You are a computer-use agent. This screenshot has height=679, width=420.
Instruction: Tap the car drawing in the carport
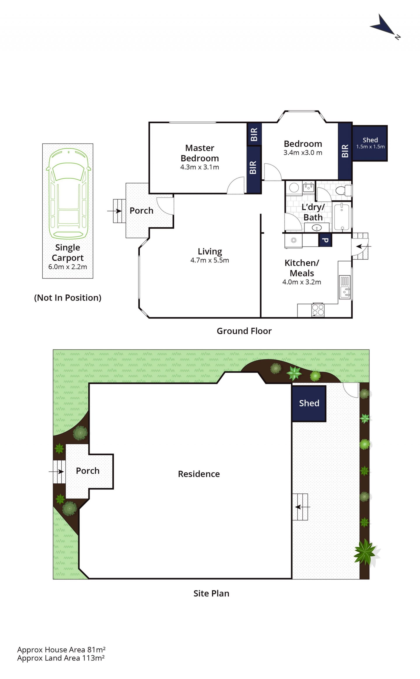[68, 194]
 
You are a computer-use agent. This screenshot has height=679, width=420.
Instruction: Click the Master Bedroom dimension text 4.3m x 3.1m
[199, 167]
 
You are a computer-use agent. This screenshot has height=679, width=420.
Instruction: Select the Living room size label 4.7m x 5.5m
[210, 260]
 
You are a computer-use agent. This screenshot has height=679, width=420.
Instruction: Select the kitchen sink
[345, 287]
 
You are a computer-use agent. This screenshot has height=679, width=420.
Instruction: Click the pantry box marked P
[325, 240]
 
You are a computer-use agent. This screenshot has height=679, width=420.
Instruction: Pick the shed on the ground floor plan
[370, 143]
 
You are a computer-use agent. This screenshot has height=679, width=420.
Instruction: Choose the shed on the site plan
[309, 404]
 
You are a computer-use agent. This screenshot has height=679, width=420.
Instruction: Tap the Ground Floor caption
[244, 331]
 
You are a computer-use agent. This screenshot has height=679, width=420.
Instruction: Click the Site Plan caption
[211, 594]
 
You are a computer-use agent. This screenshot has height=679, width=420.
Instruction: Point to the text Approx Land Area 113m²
[61, 658]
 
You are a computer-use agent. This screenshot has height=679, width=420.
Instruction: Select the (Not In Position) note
[68, 298]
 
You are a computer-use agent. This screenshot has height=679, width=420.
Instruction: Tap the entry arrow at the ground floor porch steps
[114, 211]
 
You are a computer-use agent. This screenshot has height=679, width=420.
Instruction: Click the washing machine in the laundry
[293, 241]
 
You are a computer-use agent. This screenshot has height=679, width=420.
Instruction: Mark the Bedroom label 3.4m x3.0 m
[303, 153]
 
